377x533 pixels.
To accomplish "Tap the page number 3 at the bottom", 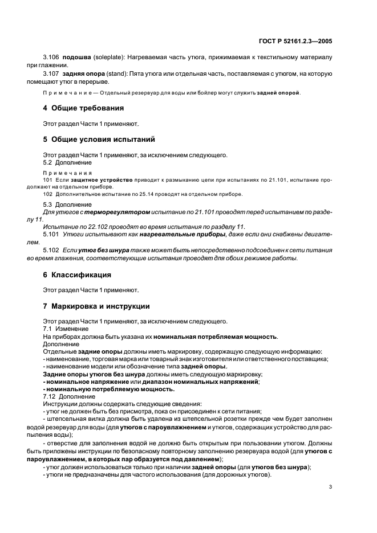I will pos(330,487).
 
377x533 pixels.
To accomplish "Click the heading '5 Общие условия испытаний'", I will pos(98,139).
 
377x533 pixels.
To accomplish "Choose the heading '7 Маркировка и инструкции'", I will pos(97,306).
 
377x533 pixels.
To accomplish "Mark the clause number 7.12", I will pos(49,395).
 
